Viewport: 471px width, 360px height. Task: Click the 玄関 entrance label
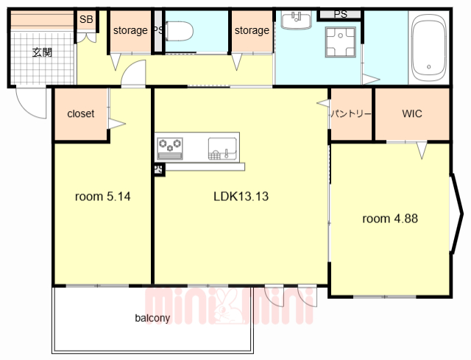[x=42, y=52]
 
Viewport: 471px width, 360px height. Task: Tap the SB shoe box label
[x=86, y=20]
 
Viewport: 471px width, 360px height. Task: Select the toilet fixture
[x=180, y=31]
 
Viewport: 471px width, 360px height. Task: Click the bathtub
[x=428, y=48]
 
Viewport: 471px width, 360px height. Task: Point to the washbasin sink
[x=296, y=20]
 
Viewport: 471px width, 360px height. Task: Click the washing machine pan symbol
[x=340, y=42]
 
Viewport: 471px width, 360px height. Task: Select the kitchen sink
[x=222, y=149]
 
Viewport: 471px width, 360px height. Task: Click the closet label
[x=80, y=113]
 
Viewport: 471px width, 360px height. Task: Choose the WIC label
[x=412, y=113]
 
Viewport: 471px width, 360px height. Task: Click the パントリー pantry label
[x=351, y=114]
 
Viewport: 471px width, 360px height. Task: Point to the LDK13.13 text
[x=241, y=197]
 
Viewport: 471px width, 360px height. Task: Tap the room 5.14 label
[x=103, y=197]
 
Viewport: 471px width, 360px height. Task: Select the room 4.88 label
[x=390, y=219]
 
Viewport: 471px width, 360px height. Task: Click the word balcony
[x=152, y=318]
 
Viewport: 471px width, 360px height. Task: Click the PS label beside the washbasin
[x=340, y=14]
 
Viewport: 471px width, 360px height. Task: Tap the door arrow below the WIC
[x=422, y=149]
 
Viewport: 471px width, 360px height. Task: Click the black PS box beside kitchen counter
[x=159, y=169]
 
